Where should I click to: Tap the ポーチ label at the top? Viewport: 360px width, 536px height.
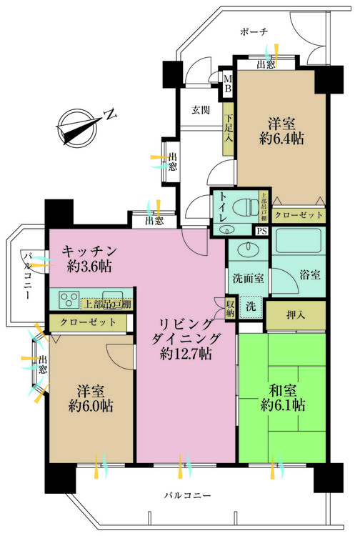pyautogui.click(x=254, y=31)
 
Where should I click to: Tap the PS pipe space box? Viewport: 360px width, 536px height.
pyautogui.click(x=261, y=230)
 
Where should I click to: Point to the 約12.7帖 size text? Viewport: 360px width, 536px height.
pyautogui.click(x=186, y=353)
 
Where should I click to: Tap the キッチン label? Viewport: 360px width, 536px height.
pyautogui.click(x=89, y=252)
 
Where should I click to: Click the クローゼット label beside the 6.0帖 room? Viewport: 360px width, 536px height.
pyautogui.click(x=86, y=323)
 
